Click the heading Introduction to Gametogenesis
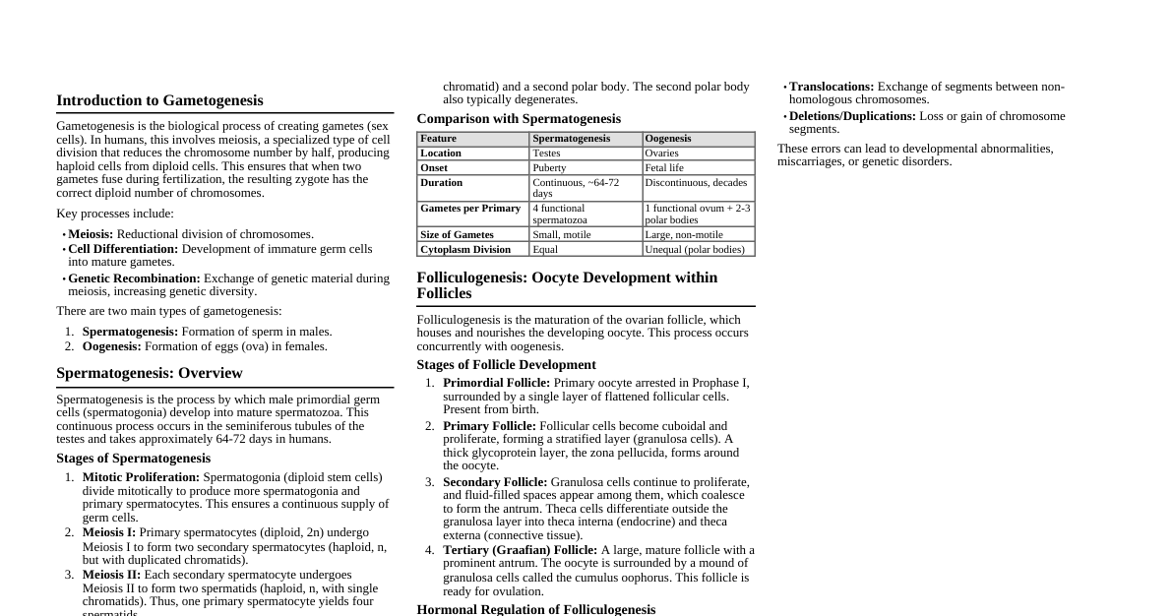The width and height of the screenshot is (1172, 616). pos(159,100)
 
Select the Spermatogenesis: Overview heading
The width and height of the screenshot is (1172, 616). pos(149,373)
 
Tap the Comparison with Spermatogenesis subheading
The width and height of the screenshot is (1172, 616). pos(519,119)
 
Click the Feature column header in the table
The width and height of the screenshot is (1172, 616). pos(439,139)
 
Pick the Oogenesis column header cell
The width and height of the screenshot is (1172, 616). pos(668,139)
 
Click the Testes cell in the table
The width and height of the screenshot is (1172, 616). pos(546,154)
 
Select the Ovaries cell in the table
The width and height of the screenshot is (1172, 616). pos(662,154)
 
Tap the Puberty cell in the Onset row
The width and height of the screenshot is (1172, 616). pos(549,168)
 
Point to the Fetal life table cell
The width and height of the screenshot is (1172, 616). pos(664,168)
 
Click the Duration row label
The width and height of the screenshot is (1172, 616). pos(441,183)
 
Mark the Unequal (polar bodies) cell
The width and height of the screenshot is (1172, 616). pos(695,250)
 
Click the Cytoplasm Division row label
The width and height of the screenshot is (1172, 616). pos(465,250)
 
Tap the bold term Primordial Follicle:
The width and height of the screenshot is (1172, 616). pos(496,383)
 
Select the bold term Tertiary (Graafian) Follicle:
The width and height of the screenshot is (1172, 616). pos(520,550)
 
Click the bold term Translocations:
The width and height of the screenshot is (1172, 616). pos(832,87)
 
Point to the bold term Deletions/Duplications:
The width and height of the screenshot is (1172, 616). pos(852,116)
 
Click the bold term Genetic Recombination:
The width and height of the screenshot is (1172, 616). pos(134,278)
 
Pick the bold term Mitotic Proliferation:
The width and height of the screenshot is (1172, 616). pos(141,477)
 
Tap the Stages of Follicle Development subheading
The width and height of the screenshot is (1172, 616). pos(506,365)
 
